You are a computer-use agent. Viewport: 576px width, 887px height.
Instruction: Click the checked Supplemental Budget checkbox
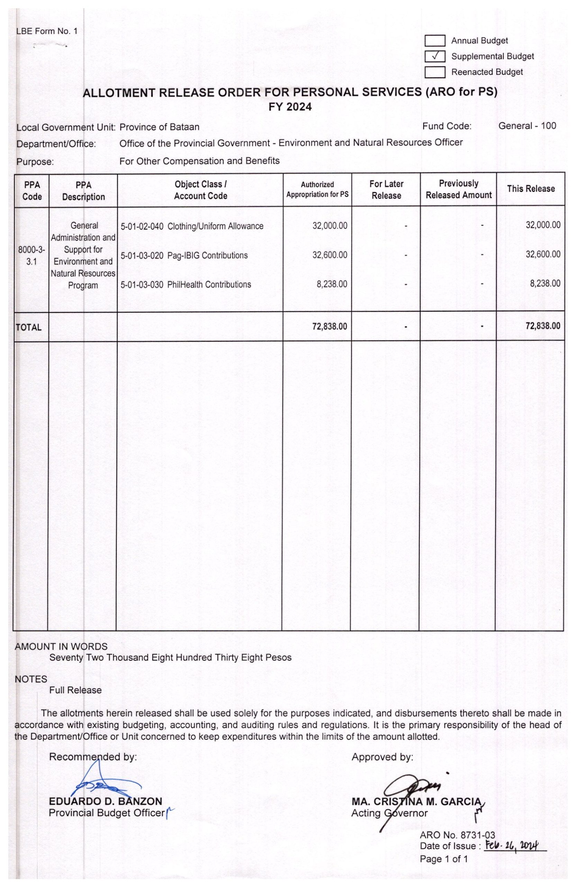pos(435,56)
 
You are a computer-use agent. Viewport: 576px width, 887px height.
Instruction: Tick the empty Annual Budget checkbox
pos(435,41)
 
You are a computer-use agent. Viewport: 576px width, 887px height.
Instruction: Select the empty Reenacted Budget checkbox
pos(435,72)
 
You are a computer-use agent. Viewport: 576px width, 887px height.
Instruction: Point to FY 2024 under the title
pos(290,107)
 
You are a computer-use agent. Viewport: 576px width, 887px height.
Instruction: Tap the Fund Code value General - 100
pos(527,126)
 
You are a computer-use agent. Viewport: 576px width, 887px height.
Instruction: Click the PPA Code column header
pos(32,191)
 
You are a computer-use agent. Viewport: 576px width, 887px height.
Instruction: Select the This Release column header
pos(531,188)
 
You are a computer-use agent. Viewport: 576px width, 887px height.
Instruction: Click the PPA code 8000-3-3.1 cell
pos(31,256)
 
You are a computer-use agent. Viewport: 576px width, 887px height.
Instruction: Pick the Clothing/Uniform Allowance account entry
pos(192,226)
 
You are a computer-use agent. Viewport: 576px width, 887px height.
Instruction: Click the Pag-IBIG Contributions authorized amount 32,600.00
pos(330,255)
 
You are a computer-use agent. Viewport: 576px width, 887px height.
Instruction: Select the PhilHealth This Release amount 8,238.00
pos(545,284)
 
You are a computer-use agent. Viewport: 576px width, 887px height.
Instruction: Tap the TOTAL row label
pos(29,327)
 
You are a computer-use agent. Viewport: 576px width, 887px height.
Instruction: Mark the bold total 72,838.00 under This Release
pos(542,326)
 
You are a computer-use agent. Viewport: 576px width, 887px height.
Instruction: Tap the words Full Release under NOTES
pos(75,690)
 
